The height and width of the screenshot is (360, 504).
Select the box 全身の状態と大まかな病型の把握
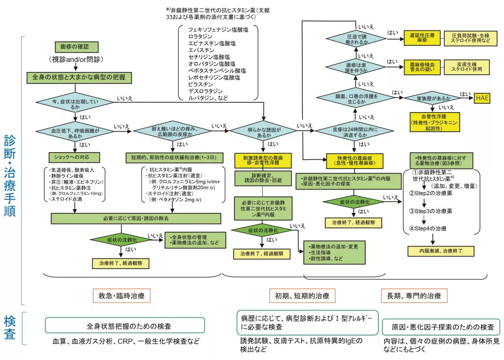click(x=79, y=78)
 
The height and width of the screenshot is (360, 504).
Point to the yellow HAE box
click(x=482, y=99)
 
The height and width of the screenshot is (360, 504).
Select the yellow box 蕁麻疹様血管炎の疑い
click(x=422, y=67)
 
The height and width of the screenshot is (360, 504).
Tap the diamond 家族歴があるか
click(x=434, y=99)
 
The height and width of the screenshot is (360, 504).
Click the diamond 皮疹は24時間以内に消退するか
click(x=355, y=132)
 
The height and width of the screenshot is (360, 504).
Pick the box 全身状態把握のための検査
click(x=125, y=325)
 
